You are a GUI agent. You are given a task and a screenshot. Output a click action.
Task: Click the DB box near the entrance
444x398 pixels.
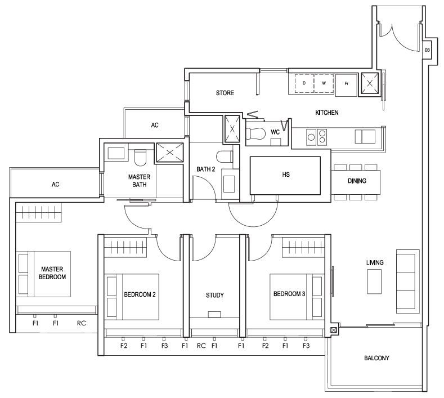coord(427,50)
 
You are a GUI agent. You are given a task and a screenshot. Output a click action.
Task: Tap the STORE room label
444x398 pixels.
coord(225,93)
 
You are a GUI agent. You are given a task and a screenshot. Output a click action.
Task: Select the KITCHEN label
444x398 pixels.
coord(327,113)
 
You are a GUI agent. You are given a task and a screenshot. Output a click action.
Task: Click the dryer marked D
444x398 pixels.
coord(304,83)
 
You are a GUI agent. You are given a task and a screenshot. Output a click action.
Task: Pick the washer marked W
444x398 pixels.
coord(324,83)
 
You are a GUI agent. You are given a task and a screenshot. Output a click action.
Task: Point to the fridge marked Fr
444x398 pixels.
coord(346,84)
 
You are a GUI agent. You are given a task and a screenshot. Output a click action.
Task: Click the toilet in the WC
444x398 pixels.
coord(255,133)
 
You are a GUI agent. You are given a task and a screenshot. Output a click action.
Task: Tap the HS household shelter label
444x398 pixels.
coord(286,175)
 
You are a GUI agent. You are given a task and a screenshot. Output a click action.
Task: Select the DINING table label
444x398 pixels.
coord(357,181)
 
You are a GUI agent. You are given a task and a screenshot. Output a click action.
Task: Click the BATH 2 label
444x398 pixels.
coord(206,169)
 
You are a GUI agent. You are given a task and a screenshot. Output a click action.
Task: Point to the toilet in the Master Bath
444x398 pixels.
coord(140,158)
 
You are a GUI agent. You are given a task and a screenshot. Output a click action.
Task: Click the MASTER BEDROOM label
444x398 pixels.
coord(52,273)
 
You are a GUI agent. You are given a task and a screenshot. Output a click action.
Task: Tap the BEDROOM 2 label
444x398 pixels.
coord(140,294)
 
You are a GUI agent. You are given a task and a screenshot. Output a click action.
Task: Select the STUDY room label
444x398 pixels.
coord(214,295)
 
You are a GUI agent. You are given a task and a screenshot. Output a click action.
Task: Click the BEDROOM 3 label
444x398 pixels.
coord(289,294)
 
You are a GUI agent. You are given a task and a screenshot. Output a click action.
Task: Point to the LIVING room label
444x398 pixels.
coord(375,262)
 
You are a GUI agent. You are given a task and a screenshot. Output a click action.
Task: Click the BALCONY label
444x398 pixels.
coord(376,358)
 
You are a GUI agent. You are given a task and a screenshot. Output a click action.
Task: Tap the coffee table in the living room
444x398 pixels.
coord(374,281)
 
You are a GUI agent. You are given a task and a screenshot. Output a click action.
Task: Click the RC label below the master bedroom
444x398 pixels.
coord(81,323)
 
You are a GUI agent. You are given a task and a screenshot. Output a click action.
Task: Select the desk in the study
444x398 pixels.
coord(214,315)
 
